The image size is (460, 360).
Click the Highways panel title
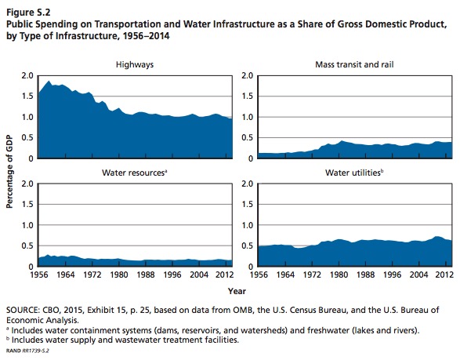point(135,64)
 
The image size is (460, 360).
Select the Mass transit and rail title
point(354,64)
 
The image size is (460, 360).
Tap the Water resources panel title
point(134,173)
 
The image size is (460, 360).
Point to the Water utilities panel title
point(354,173)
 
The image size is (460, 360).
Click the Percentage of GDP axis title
point(9,172)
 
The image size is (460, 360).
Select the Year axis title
point(237,291)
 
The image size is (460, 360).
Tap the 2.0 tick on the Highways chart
point(27,76)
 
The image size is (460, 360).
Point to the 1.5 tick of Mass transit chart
point(247,96)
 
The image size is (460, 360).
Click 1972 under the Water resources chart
point(92,275)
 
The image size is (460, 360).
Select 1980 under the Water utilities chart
point(339,275)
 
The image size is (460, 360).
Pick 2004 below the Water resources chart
point(199,275)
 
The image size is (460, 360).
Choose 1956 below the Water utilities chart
point(259,275)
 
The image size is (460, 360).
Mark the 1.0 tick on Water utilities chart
point(247,225)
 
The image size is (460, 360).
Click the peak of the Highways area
point(49,81)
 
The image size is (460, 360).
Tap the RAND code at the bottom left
point(27,351)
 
